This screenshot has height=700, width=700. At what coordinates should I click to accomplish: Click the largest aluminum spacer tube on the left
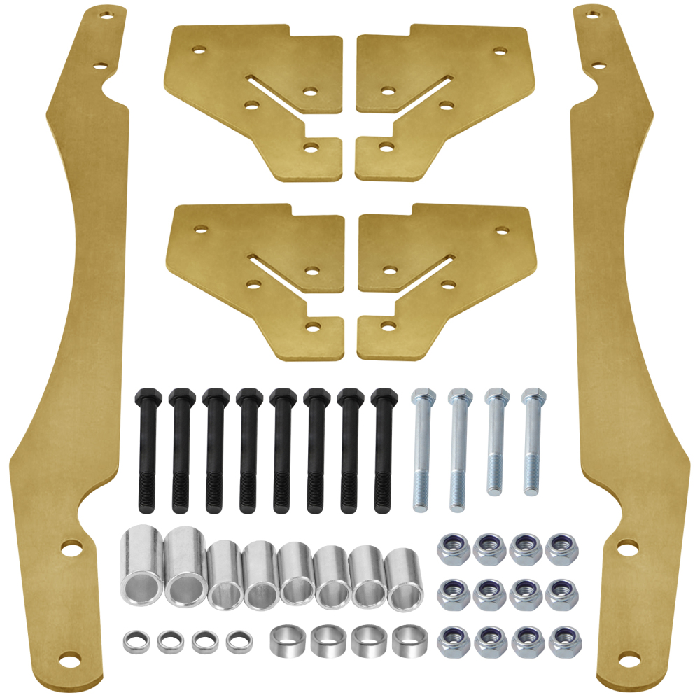click(143, 563)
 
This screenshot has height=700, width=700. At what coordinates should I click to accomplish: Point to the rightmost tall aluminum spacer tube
click(405, 579)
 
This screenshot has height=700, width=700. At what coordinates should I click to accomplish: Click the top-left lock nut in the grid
click(452, 549)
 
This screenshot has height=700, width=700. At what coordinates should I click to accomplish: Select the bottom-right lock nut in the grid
click(561, 640)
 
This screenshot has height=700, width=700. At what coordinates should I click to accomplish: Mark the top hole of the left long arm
click(107, 13)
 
